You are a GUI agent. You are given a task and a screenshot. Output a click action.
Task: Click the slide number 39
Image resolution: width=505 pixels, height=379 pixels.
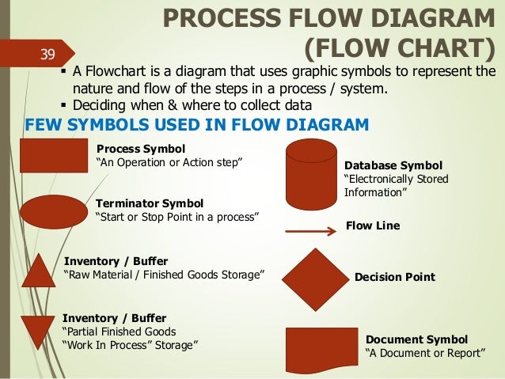[x=47, y=55]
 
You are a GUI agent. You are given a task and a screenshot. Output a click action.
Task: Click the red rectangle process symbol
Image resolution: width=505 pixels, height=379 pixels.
[x=53, y=155]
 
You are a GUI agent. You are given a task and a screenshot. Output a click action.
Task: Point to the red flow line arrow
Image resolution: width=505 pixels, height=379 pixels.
[x=309, y=231]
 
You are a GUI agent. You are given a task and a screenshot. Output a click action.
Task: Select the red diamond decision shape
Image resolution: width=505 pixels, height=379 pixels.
[x=314, y=278]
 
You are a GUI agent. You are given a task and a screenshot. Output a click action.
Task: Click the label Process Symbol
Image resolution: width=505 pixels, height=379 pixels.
[x=140, y=148]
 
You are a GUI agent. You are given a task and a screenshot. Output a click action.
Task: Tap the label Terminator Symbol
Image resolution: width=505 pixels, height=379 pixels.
[x=149, y=203]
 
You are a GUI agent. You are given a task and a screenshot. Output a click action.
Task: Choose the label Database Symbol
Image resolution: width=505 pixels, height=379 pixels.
[x=394, y=165]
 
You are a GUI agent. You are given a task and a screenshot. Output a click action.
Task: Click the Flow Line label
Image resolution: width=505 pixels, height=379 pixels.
[x=373, y=226]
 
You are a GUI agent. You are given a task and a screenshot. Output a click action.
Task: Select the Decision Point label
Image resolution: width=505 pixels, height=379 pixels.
[x=394, y=277]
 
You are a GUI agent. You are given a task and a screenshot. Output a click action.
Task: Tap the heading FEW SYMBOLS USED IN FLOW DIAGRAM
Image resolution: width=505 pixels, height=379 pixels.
[x=197, y=124]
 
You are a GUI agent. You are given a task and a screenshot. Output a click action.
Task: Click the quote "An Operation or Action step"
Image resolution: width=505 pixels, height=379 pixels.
[x=169, y=163]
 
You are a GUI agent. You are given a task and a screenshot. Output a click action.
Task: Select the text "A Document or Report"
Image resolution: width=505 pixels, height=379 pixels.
[x=424, y=353]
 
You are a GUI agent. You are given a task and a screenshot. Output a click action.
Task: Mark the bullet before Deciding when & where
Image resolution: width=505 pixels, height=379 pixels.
[x=63, y=104]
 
